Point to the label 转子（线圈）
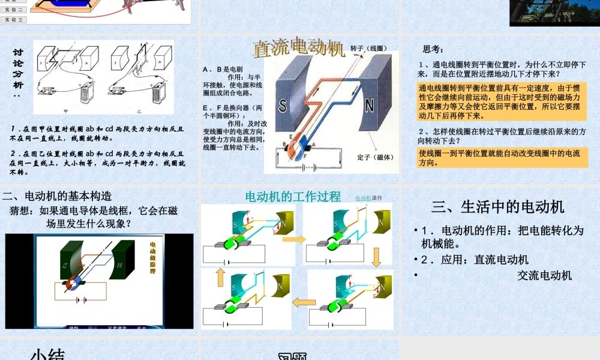[368, 49]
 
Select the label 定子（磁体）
[375, 157]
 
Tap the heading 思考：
[434, 49]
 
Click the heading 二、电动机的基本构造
[58, 196]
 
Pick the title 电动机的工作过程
[293, 196]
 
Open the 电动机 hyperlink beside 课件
[362, 198]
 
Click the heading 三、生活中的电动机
[498, 207]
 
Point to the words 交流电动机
[544, 275]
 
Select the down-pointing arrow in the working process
[377, 256]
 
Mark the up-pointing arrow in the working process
[220, 277]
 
